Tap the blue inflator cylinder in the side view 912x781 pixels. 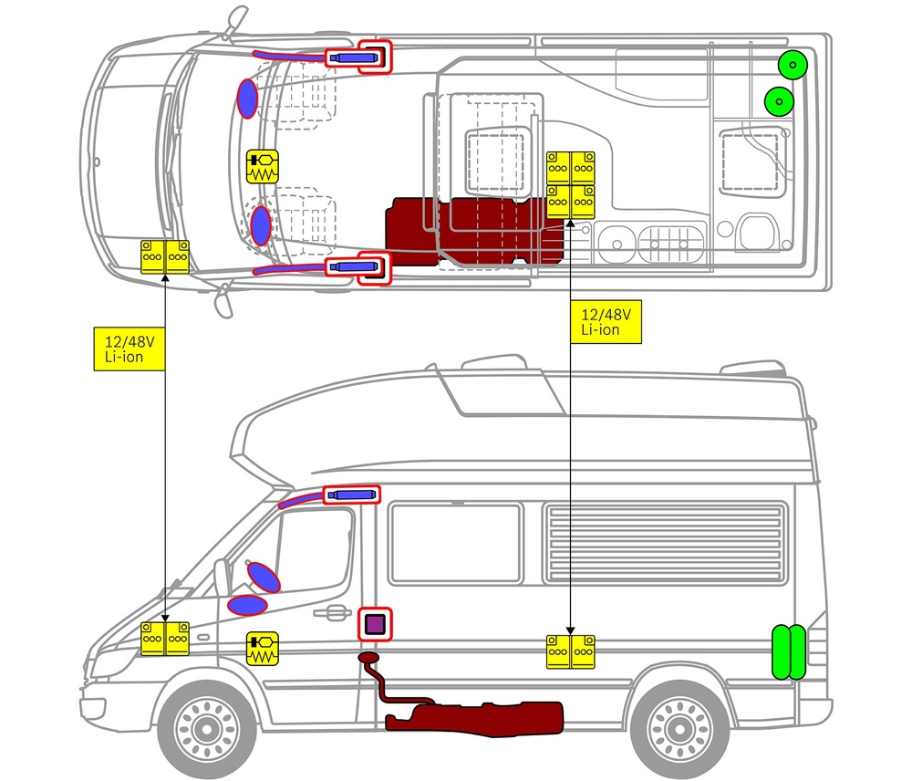click(352, 495)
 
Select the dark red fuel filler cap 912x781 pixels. click(369, 657)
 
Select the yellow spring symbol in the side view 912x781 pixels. click(263, 647)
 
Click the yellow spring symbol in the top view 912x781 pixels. click(264, 167)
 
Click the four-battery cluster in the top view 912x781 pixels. click(571, 184)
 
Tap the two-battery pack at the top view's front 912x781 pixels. click(165, 256)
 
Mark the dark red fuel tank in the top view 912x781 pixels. click(465, 230)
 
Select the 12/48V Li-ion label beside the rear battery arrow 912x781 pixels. click(606, 322)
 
